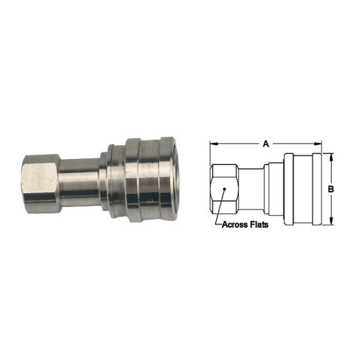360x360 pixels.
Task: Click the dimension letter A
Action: pyautogui.click(x=266, y=144)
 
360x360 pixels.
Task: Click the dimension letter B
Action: pyautogui.click(x=331, y=189)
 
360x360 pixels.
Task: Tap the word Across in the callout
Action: pyautogui.click(x=235, y=224)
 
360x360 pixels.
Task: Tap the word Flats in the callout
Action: pyautogui.click(x=259, y=224)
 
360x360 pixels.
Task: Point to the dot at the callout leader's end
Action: pyautogui.click(x=225, y=189)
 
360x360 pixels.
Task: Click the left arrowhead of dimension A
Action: pyautogui.click(x=214, y=144)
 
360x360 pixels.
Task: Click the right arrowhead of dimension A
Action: pyautogui.click(x=318, y=144)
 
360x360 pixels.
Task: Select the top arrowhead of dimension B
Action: pyautogui.click(x=331, y=157)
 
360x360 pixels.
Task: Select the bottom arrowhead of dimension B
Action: pyautogui.click(x=331, y=221)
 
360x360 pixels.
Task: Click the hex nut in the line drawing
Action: pyautogui.click(x=224, y=189)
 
